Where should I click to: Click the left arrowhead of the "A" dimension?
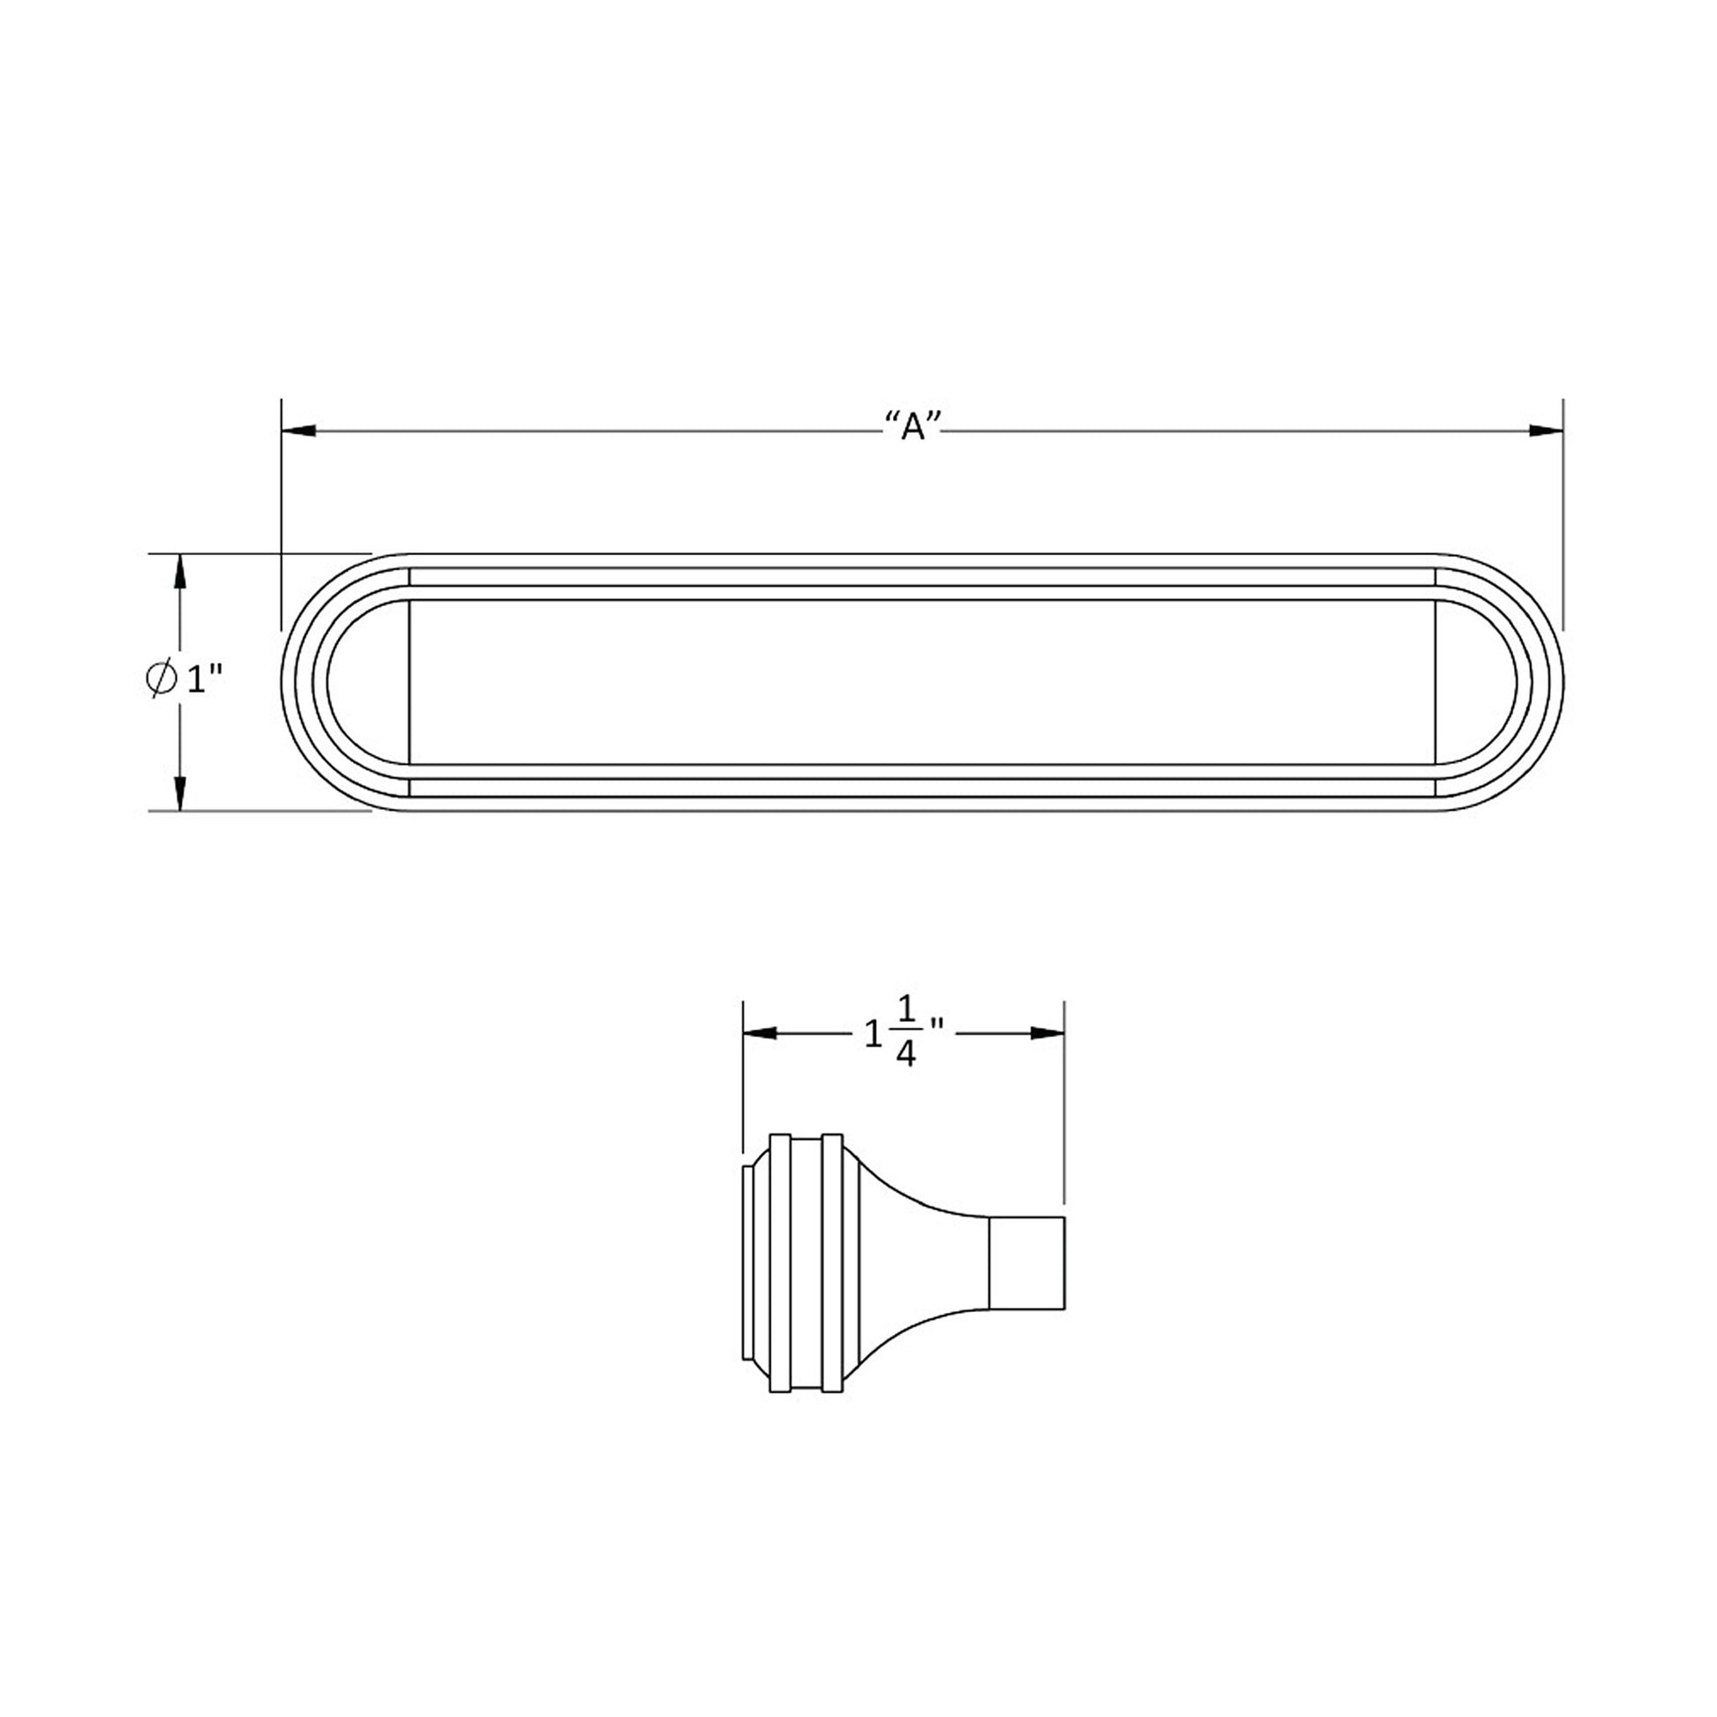click(298, 431)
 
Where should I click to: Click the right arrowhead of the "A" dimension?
click(1546, 431)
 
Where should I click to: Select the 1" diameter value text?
click(203, 680)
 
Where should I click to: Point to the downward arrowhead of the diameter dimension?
click(180, 792)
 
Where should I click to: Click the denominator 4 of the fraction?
click(906, 1056)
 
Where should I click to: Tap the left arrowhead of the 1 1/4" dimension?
click(760, 1032)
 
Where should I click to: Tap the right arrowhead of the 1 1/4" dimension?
click(1047, 1032)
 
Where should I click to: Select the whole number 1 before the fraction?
click(873, 1033)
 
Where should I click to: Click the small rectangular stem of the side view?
click(1026, 1262)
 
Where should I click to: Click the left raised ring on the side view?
click(779, 1262)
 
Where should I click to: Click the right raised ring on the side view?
click(832, 1262)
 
